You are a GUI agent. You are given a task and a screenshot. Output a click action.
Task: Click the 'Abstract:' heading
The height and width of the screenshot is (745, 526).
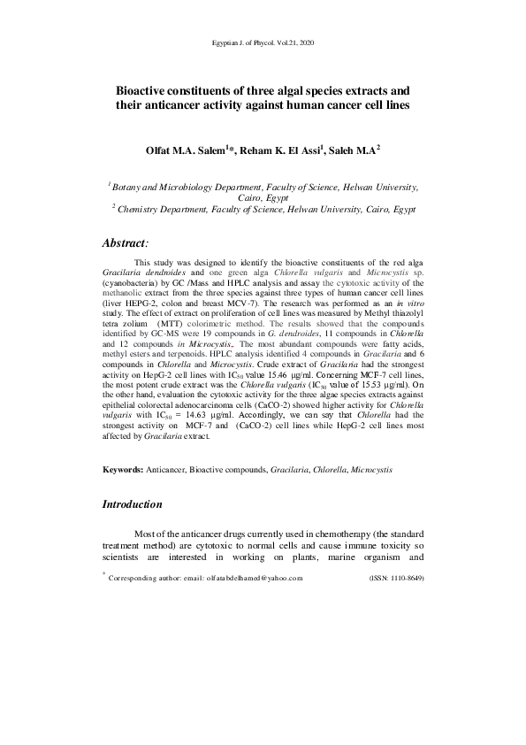point(126,242)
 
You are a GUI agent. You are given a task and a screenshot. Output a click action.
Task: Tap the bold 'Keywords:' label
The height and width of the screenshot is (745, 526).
point(123,469)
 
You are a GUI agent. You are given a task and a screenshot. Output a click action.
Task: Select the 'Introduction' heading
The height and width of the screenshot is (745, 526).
point(133,504)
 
